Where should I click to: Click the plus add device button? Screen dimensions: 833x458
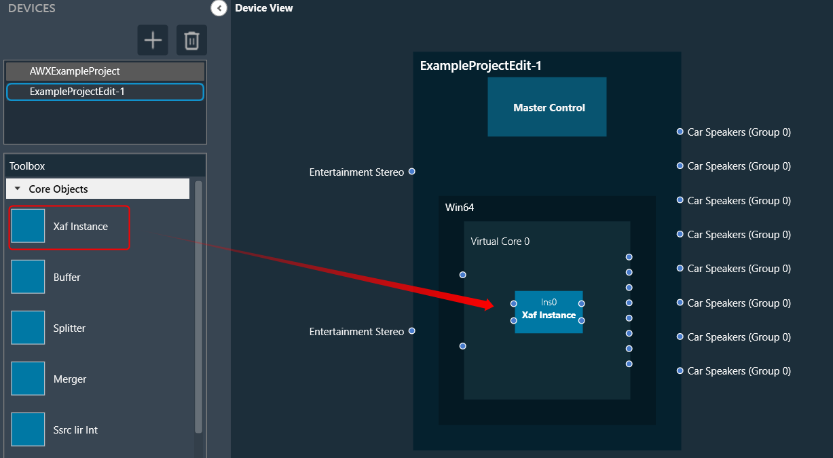tap(153, 40)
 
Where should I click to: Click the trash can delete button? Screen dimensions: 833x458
tap(191, 40)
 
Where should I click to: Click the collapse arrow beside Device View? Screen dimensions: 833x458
tap(219, 8)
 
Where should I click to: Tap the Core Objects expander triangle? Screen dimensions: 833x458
tap(17, 189)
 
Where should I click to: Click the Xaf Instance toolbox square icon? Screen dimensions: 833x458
tap(28, 226)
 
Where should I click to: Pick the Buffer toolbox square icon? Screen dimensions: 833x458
tap(28, 277)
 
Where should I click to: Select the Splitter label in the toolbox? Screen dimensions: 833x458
tap(69, 328)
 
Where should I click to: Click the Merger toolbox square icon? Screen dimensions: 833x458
tap(28, 379)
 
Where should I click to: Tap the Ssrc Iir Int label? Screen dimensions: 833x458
tap(75, 430)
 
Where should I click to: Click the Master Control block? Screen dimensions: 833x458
tap(547, 107)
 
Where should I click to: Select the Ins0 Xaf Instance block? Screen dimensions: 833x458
tap(549, 312)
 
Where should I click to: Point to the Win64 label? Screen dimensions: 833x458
tap(460, 208)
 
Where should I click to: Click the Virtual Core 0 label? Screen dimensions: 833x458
tap(500, 242)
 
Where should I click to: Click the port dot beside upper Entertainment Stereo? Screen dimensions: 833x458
tap(411, 172)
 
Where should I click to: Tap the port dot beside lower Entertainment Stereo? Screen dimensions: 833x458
tap(411, 331)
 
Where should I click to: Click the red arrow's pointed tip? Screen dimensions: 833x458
tap(494, 306)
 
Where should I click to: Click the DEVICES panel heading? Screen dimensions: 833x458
tap(32, 8)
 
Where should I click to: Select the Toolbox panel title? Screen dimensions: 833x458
tap(26, 166)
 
